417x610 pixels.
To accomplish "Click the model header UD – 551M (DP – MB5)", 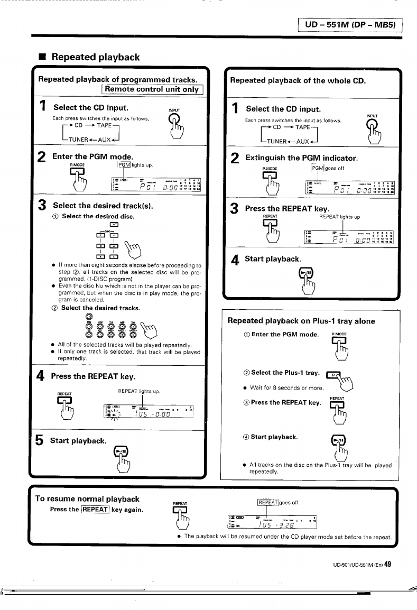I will click(x=349, y=25).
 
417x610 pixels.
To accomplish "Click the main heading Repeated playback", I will click(x=96, y=57).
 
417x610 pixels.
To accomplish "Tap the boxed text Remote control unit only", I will click(x=151, y=89).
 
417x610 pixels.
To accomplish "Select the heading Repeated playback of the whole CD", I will click(x=298, y=81).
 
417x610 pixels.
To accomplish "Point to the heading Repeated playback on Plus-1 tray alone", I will click(x=301, y=320).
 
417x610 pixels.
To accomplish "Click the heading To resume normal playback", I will click(x=87, y=498).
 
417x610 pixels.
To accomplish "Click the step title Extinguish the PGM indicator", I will click(x=302, y=158).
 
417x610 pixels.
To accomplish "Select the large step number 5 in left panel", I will click(x=41, y=440).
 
